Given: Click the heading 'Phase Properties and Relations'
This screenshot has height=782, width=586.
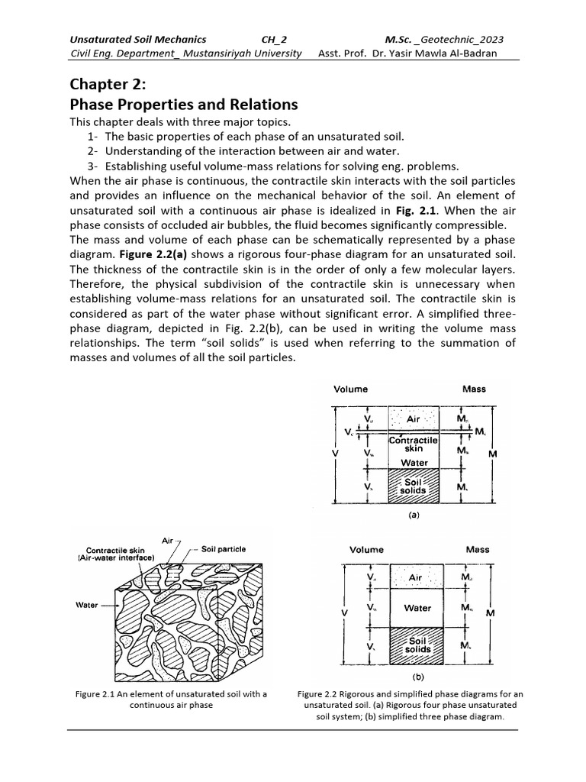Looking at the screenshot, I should [183, 105].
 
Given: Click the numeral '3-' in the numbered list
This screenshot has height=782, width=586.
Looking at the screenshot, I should [92, 166].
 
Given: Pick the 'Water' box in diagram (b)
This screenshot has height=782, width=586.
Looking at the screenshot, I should [417, 609].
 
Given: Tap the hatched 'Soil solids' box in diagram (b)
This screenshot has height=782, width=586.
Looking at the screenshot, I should [417, 645].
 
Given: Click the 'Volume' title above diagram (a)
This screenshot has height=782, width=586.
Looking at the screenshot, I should [350, 389].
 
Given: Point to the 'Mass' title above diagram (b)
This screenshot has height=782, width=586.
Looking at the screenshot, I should [478, 549].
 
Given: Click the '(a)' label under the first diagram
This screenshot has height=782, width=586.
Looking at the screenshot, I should [413, 515].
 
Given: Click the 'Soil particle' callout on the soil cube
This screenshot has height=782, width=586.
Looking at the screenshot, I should [224, 549].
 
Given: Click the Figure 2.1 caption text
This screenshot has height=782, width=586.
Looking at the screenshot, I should [172, 700].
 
